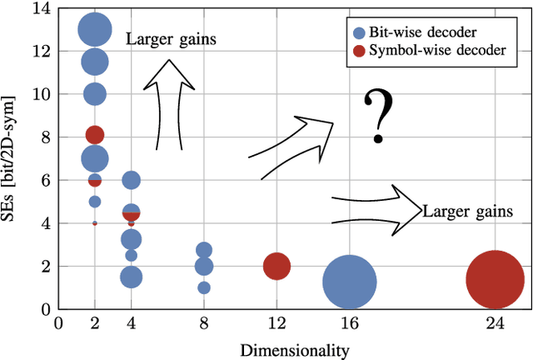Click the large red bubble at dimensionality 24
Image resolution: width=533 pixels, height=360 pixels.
[495, 279]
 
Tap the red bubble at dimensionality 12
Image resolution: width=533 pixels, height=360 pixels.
[276, 267]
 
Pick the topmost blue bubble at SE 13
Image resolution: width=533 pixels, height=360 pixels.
[95, 30]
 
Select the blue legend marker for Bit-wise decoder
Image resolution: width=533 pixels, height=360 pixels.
[359, 33]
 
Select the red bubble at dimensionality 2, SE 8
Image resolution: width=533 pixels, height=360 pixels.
[95, 134]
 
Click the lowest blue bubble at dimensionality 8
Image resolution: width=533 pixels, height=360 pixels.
[204, 287]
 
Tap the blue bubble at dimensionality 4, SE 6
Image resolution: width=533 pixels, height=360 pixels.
[131, 180]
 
